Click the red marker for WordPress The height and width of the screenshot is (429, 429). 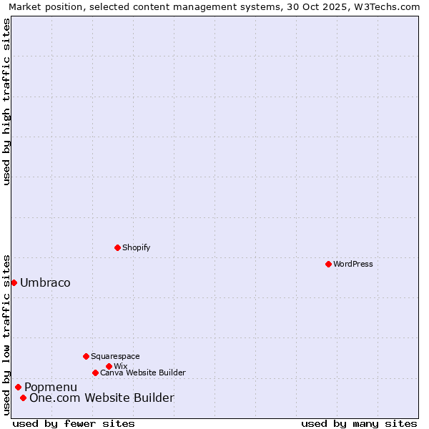pyautogui.click(x=328, y=264)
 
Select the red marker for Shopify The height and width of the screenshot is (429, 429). pyautogui.click(x=117, y=247)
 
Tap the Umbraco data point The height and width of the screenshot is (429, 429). pyautogui.click(x=14, y=282)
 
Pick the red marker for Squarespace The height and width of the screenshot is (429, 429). pyautogui.click(x=86, y=356)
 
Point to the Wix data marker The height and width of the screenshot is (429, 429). pyautogui.click(x=109, y=366)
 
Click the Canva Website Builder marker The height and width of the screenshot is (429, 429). pyautogui.click(x=95, y=373)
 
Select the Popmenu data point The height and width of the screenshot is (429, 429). pyautogui.click(x=18, y=387)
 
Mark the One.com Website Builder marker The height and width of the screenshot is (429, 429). pyautogui.click(x=23, y=398)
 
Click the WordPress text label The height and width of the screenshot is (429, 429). pyautogui.click(x=353, y=264)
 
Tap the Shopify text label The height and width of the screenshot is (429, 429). pyautogui.click(x=136, y=247)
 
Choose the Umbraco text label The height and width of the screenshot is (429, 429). pyautogui.click(x=45, y=282)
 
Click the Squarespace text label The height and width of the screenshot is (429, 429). pyautogui.click(x=115, y=356)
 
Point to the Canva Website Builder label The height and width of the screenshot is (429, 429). pyautogui.click(x=143, y=373)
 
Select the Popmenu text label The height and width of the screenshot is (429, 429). pyautogui.click(x=51, y=387)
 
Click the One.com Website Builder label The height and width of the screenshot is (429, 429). pyautogui.click(x=102, y=398)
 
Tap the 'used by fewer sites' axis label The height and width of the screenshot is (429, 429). pyautogui.click(x=74, y=423)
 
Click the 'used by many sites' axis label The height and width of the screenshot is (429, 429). pyautogui.click(x=359, y=423)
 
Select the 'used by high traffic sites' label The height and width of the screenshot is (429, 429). pyautogui.click(x=6, y=102)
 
